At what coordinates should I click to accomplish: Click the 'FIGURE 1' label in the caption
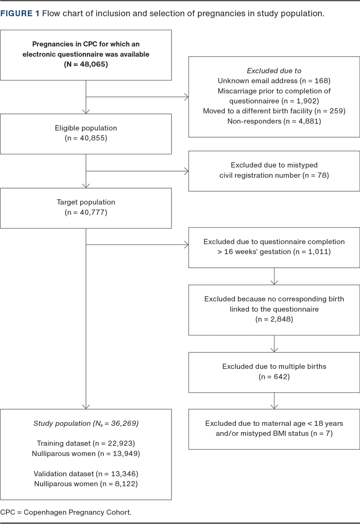(x=20, y=14)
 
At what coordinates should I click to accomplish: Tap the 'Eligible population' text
(x=86, y=128)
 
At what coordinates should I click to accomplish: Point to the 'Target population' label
(x=86, y=202)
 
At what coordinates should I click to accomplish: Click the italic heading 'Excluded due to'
(x=274, y=71)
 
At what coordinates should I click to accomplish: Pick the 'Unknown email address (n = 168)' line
(x=274, y=81)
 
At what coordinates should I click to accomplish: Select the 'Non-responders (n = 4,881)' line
(x=274, y=121)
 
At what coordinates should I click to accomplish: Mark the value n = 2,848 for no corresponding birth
(x=274, y=320)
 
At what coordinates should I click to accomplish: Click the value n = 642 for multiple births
(x=274, y=377)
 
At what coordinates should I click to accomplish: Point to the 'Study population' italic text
(x=62, y=424)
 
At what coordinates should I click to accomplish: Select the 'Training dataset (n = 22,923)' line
(x=86, y=443)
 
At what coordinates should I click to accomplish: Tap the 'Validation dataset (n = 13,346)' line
(x=86, y=474)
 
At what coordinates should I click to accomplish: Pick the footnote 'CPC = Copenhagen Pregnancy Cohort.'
(x=66, y=512)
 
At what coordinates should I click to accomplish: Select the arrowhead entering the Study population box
(x=86, y=407)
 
